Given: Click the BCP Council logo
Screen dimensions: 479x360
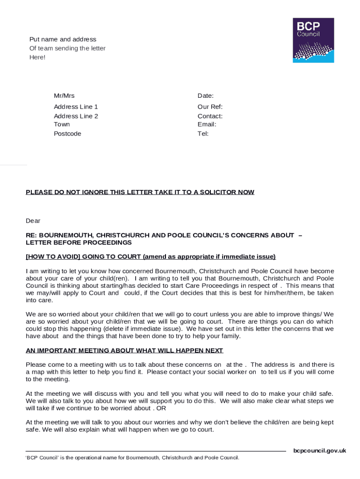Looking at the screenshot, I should pos(313,40).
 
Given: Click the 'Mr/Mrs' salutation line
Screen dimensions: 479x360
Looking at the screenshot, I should pos(64,96).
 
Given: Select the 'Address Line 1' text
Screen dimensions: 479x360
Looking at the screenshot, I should pos(76,107).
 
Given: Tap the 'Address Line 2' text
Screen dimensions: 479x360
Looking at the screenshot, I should pos(76,116).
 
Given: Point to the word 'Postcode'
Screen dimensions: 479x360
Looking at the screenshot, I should pos(67,134).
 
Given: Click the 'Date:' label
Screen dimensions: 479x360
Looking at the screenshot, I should pos(206,96).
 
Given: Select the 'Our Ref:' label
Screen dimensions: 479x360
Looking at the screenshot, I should pos(210,107).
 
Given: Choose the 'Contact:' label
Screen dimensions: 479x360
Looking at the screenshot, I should pos(210,116).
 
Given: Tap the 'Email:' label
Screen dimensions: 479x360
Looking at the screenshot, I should pos(207,124).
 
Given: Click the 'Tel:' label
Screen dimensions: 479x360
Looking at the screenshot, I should pos(203,134).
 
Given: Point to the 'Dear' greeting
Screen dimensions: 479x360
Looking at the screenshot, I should pos(33,221).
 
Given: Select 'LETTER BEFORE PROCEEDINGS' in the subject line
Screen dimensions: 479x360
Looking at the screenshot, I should pos(79,243).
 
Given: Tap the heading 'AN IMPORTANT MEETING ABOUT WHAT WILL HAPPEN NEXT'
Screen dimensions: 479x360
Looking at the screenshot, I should pos(124,350).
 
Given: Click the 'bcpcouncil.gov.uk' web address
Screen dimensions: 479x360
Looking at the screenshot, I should pos(319,451).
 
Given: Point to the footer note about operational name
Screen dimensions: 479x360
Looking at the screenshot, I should pos(132,457).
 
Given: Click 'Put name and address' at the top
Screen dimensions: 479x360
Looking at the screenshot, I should pos(63,39).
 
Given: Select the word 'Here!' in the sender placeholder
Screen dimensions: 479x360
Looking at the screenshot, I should pos(37,57).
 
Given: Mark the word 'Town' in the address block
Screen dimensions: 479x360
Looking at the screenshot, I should pos(62,124).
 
